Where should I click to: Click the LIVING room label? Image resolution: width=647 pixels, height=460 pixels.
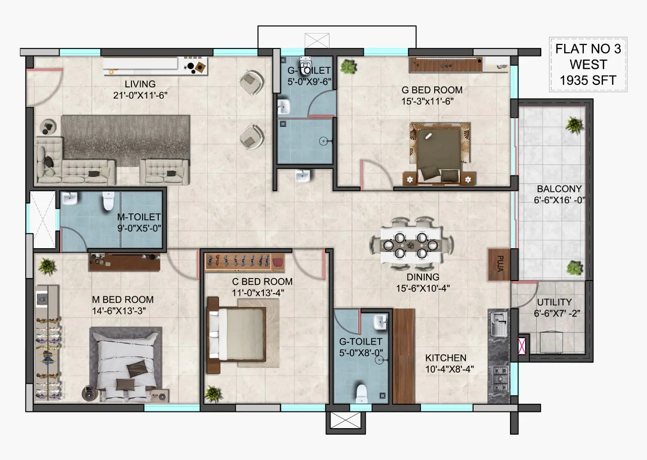pyautogui.click(x=140, y=84)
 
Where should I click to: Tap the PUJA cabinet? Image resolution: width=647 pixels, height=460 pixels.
pyautogui.click(x=499, y=265)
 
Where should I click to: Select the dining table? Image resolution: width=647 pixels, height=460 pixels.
pyautogui.click(x=411, y=245)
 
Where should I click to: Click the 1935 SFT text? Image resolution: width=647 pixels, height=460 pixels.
pyautogui.click(x=588, y=80)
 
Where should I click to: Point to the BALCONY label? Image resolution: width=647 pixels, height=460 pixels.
pyautogui.click(x=559, y=189)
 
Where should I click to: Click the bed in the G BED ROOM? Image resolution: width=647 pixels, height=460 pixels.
pyautogui.click(x=439, y=154)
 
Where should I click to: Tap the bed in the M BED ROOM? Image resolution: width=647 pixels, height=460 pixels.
pyautogui.click(x=126, y=364)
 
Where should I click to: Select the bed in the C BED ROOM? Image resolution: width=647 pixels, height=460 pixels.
pyautogui.click(x=237, y=335)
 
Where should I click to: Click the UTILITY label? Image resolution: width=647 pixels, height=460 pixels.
pyautogui.click(x=554, y=302)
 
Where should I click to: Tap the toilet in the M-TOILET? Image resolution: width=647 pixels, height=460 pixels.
pyautogui.click(x=108, y=201)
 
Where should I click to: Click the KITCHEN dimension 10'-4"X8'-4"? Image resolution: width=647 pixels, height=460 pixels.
pyautogui.click(x=449, y=369)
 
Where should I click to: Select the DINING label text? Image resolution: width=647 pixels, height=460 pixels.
pyautogui.click(x=423, y=277)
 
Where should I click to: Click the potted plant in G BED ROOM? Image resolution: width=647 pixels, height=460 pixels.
pyautogui.click(x=349, y=67)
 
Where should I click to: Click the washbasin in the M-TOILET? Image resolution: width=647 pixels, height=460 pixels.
pyautogui.click(x=70, y=199)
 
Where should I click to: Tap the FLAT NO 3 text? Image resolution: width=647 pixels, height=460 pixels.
pyautogui.click(x=588, y=49)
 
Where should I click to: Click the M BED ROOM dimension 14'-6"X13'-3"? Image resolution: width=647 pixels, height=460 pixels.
pyautogui.click(x=119, y=311)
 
